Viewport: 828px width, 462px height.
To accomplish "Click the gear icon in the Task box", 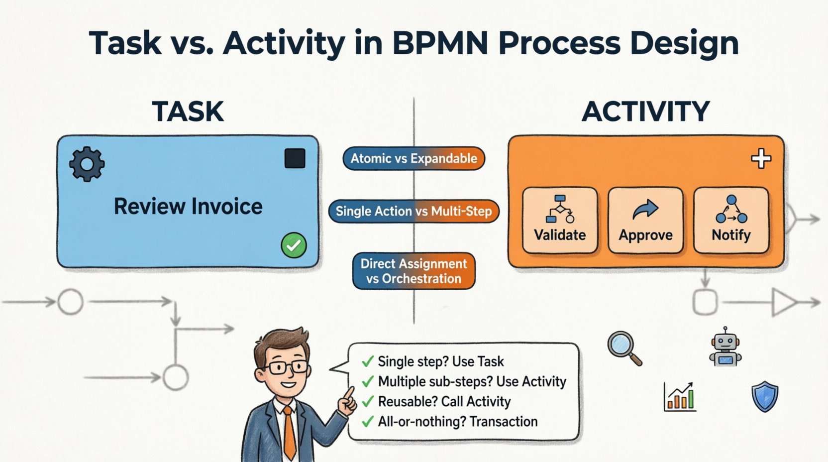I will [87, 164].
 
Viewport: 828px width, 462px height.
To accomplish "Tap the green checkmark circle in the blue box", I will [294, 245].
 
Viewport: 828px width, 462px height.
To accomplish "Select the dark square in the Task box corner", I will [295, 159].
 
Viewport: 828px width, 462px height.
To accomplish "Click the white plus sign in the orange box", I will [761, 159].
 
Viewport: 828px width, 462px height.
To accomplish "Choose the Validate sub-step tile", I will [560, 220].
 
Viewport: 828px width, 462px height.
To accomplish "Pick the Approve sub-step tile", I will [645, 220].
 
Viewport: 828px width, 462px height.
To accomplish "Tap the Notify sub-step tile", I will [731, 220].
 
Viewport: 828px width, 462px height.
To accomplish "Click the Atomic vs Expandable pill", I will [414, 159].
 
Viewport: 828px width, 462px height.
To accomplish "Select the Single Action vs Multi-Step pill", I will [414, 211].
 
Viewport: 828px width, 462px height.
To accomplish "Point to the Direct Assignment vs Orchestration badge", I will [414, 271].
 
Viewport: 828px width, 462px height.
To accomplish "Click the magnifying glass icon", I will [624, 348].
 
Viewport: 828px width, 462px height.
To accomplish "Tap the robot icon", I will [725, 347].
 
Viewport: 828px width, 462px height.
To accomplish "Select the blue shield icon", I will [764, 396].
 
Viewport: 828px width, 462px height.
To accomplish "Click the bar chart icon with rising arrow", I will [679, 397].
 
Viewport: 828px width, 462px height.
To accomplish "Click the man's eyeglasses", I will [282, 368].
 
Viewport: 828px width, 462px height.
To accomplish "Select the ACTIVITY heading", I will [645, 112].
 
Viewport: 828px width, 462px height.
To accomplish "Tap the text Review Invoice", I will [188, 206].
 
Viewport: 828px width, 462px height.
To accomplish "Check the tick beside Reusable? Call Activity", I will [368, 402].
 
